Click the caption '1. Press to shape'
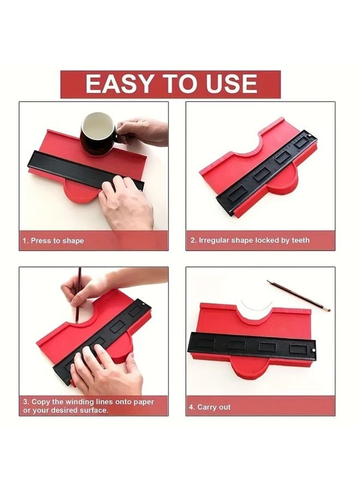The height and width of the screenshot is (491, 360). (x=53, y=241)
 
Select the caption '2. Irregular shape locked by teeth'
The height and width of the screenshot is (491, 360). (x=250, y=240)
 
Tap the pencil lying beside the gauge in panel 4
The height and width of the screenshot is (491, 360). (x=298, y=296)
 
